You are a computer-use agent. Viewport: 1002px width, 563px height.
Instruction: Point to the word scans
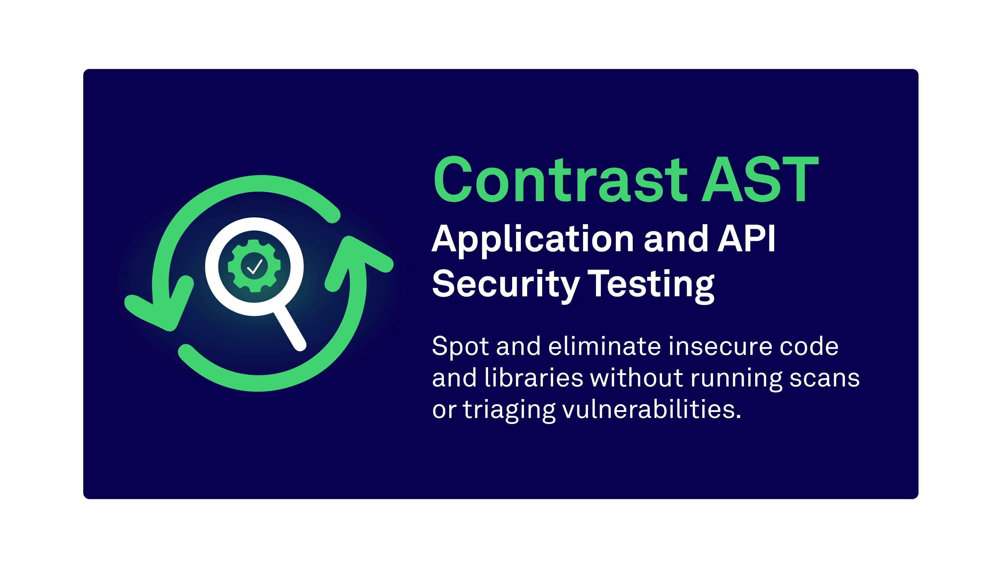tap(824, 379)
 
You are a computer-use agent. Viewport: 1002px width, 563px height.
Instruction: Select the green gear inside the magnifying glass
tap(254, 266)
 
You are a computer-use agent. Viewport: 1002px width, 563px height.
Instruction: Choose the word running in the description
tap(736, 379)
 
